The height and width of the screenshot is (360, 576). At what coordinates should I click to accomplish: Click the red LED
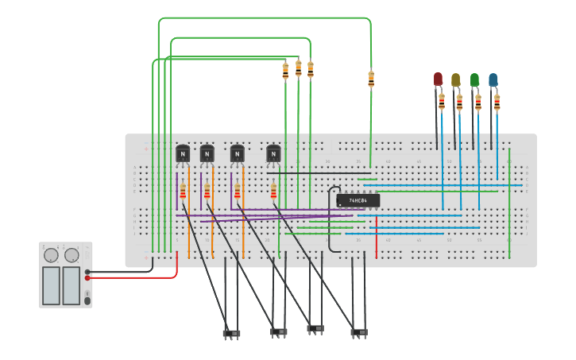[438, 78]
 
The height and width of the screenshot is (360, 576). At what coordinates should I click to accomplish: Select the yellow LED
[455, 79]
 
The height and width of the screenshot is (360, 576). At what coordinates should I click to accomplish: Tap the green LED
[474, 79]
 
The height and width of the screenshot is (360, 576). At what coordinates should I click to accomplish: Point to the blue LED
[493, 79]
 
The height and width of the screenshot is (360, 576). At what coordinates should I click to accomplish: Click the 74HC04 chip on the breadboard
[358, 200]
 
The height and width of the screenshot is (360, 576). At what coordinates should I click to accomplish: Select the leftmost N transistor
[183, 153]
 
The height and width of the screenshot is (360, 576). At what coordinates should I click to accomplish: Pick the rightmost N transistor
[273, 153]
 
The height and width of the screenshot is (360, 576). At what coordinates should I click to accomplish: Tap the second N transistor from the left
[207, 153]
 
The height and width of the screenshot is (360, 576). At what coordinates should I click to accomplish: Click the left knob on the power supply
[52, 255]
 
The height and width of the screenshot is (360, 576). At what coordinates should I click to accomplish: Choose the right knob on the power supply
[72, 255]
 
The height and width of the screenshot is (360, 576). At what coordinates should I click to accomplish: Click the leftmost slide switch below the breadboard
[231, 333]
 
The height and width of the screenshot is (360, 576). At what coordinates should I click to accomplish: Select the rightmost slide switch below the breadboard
[359, 331]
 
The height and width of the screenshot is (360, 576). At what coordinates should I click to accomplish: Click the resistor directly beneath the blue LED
[497, 102]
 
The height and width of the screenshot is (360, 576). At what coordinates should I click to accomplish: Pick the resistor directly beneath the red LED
[442, 101]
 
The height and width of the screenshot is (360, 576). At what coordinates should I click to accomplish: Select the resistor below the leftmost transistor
[183, 192]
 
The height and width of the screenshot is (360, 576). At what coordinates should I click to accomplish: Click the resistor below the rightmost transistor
[273, 192]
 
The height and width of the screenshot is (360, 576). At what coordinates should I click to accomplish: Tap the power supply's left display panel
[51, 285]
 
